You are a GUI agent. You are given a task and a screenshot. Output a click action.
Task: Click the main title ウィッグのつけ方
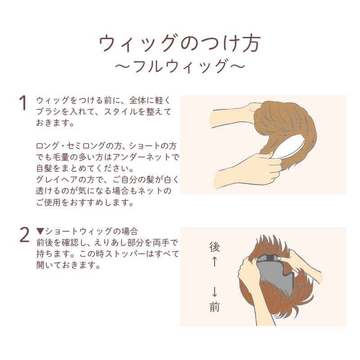click(180, 43)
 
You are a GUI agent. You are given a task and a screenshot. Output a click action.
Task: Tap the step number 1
click(23, 103)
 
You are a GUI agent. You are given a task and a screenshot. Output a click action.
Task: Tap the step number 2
click(24, 234)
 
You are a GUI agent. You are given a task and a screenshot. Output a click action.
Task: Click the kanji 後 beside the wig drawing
click(215, 247)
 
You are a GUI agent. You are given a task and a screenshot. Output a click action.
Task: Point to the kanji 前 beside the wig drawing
click(215, 307)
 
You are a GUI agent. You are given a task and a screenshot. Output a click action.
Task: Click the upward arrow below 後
click(214, 262)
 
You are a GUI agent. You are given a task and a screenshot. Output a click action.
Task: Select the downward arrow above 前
click(215, 291)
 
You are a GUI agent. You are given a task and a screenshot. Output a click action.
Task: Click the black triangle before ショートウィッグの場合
click(40, 231)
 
